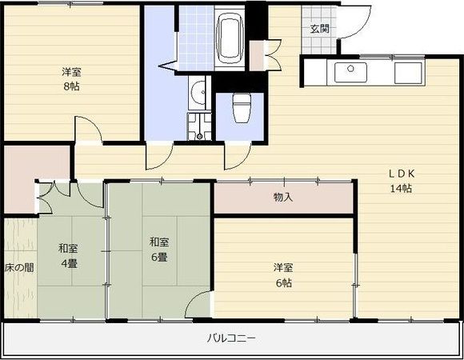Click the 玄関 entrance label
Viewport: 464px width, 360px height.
click(319, 29)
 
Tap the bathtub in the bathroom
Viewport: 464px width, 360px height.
click(230, 38)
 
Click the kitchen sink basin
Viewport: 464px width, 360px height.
click(350, 72)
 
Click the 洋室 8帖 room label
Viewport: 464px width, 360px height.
click(71, 78)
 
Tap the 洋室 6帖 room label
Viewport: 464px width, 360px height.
click(283, 275)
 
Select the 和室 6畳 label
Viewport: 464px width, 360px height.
click(159, 250)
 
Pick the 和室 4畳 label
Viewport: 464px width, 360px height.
click(68, 255)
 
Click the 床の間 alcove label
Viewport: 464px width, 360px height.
click(19, 268)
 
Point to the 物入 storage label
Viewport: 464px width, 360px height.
click(283, 197)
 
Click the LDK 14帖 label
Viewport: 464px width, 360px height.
click(402, 181)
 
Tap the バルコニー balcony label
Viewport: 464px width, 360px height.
click(231, 338)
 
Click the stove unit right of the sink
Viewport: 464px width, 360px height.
click(408, 73)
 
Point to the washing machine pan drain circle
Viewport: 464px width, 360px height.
click(199, 136)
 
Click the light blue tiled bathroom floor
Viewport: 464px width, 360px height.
click(196, 38)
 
